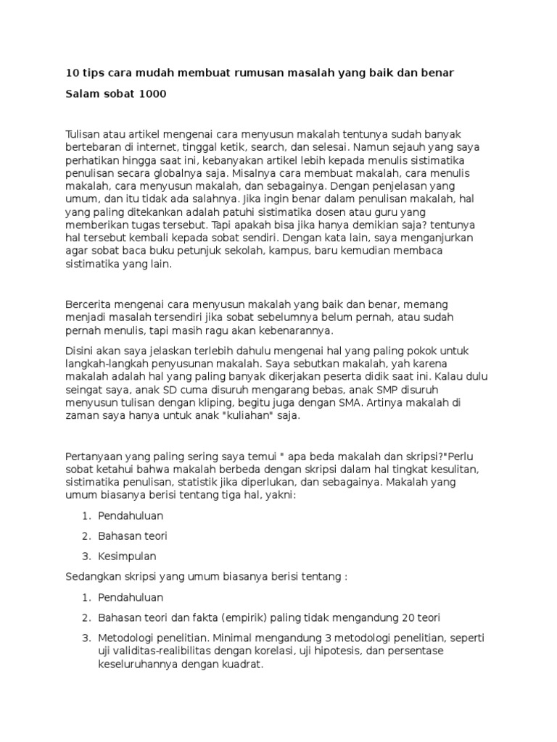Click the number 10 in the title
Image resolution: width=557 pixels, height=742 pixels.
(x=72, y=75)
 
